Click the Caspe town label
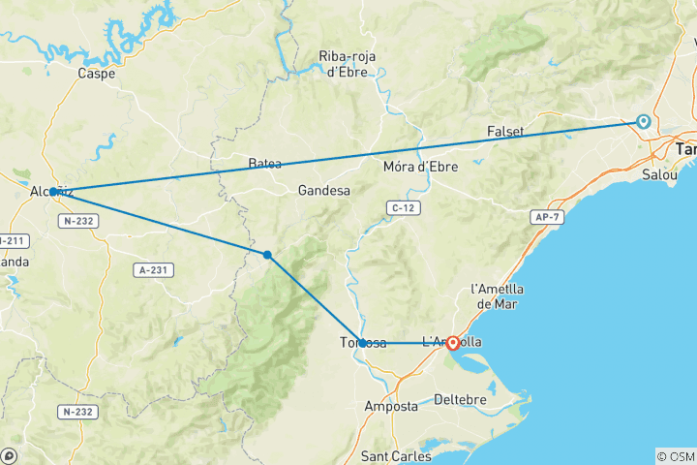97,73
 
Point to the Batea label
265,163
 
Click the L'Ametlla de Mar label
497,296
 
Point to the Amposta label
391,406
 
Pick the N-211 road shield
12,239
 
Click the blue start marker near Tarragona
643,121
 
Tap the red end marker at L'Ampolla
452,342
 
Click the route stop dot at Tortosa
362,342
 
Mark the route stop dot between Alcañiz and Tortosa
267,255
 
